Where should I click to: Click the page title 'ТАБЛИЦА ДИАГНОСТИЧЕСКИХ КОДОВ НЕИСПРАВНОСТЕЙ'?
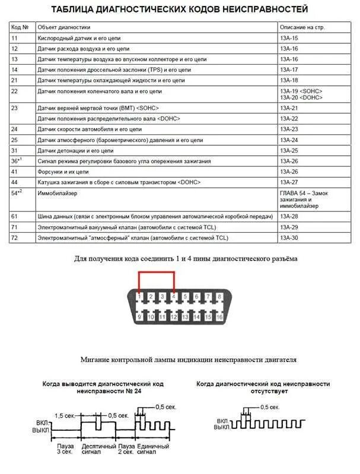(x=180, y=9)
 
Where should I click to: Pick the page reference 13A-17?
(x=290, y=70)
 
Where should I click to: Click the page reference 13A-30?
(x=290, y=238)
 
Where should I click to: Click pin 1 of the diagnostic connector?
(x=139, y=296)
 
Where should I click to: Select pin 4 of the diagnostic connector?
(x=174, y=296)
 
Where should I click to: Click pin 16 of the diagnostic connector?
(x=220, y=317)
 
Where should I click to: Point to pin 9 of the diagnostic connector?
(x=139, y=317)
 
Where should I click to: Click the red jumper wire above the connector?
(x=156, y=273)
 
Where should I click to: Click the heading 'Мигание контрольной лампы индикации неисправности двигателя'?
(x=189, y=360)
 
